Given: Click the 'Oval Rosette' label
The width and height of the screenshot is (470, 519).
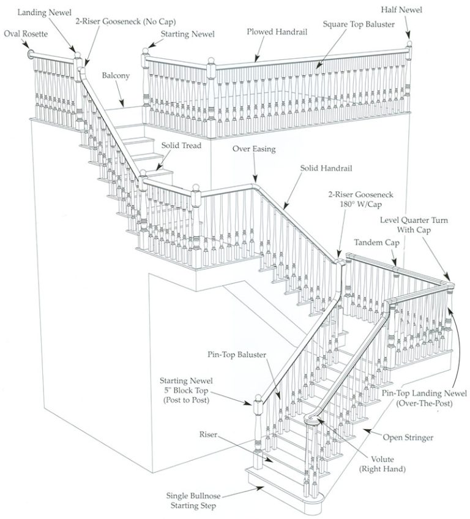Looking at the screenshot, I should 25,33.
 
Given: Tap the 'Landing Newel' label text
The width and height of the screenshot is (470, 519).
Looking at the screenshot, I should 44,12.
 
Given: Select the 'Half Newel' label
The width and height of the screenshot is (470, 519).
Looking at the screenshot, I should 401,10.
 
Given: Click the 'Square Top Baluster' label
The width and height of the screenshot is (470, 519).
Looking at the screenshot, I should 359,24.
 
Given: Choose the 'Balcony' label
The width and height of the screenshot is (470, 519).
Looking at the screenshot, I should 116,75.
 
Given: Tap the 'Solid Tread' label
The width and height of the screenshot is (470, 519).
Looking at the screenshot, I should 181,146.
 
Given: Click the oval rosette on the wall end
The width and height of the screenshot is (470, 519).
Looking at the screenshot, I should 31,55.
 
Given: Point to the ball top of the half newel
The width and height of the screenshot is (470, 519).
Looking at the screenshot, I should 409,44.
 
